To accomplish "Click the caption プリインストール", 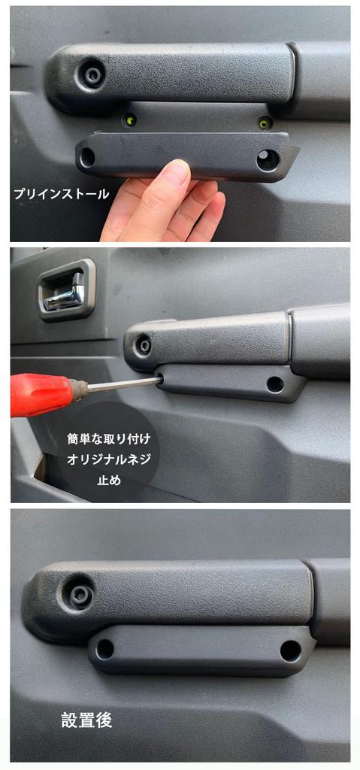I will coord(61,193).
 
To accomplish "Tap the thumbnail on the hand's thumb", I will coord(175,173).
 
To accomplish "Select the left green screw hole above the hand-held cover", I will coord(130,120).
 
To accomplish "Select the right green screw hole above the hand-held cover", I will coord(264,123).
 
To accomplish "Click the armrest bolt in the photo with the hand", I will coord(93,74).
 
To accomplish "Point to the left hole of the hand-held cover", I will coord(88,158).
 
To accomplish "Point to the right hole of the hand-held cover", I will coord(267,159).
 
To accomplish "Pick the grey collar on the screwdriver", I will coord(78,390).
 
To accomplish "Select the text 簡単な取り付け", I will coord(109,438).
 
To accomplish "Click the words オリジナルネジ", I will coord(109,459).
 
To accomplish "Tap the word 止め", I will coord(109,480).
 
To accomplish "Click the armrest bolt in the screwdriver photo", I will coord(143,345).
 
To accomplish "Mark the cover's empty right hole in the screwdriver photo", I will coord(275,384).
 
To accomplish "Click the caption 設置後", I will coord(86,720).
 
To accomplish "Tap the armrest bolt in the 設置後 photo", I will coord(80,594).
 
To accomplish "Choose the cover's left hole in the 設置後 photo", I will coord(105,649).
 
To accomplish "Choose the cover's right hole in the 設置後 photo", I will coord(290,651).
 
